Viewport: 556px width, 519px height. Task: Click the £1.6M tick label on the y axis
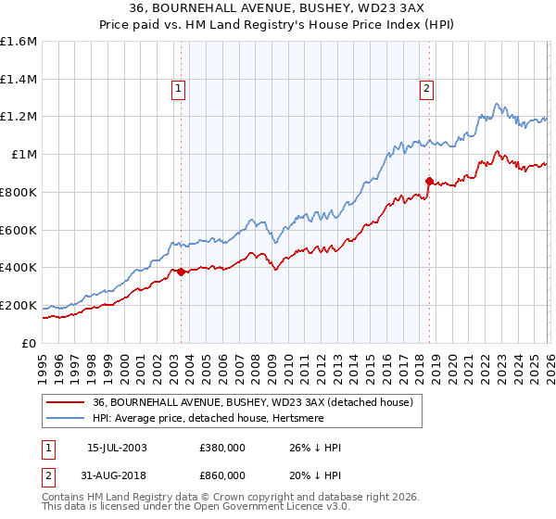pos(19,42)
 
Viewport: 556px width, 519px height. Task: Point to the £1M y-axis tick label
pos(22,155)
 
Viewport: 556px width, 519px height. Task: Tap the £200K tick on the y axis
pos(19,305)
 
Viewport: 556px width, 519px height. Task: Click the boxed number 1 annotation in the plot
pos(177,89)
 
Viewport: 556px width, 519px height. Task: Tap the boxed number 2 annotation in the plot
pos(426,89)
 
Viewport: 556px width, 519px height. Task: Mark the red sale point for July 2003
pos(181,272)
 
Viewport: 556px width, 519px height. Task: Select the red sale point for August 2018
pos(429,181)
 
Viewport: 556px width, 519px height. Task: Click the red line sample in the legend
pos(65,402)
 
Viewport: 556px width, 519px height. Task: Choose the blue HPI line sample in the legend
pos(65,418)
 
